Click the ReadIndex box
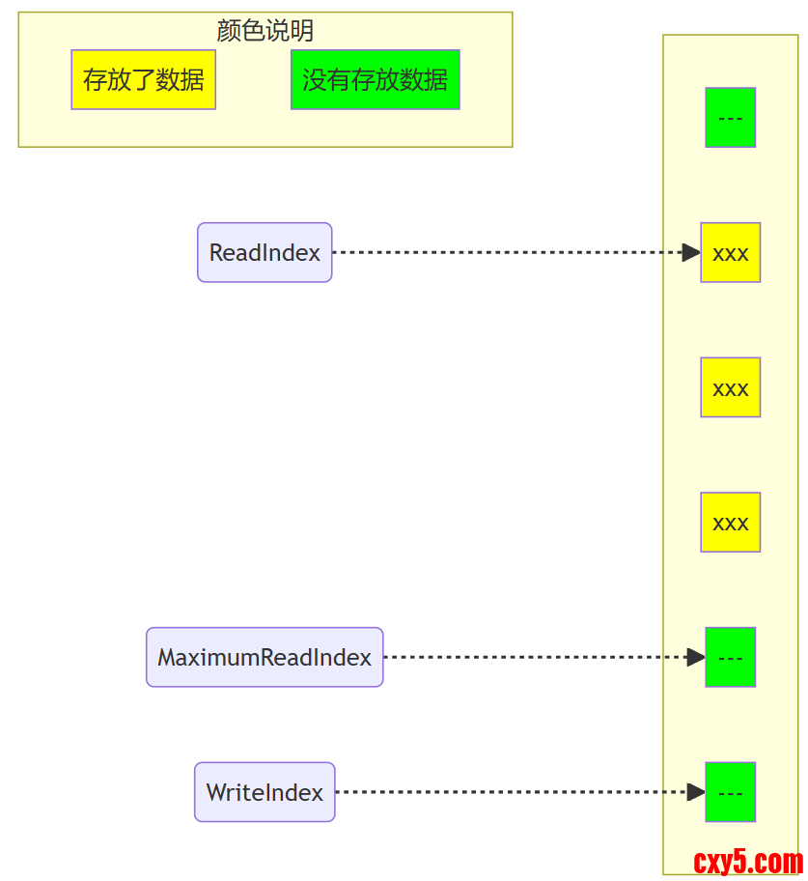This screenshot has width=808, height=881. click(x=265, y=253)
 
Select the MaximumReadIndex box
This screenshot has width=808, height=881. click(x=265, y=658)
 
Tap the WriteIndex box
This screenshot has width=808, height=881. click(x=265, y=793)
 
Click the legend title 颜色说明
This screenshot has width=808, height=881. click(x=265, y=31)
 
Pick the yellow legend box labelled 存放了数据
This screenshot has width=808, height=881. click(x=143, y=80)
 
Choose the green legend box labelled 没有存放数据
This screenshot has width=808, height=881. click(x=375, y=80)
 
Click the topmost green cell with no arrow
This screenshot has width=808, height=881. click(x=730, y=118)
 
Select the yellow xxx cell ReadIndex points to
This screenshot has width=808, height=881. click(x=730, y=253)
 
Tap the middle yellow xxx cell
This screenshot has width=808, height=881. click(x=730, y=387)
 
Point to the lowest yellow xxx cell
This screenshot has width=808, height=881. click(x=730, y=523)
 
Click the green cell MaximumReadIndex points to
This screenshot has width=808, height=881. click(x=730, y=658)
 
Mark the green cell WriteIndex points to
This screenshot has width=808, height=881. click(x=730, y=793)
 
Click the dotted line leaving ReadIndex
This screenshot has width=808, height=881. click(x=502, y=253)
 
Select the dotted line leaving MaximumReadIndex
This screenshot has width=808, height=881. click(x=531, y=658)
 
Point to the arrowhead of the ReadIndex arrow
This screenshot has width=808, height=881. click(x=691, y=253)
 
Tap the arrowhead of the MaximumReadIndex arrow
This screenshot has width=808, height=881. click(x=696, y=658)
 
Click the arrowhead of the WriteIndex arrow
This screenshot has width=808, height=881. click(x=696, y=793)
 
